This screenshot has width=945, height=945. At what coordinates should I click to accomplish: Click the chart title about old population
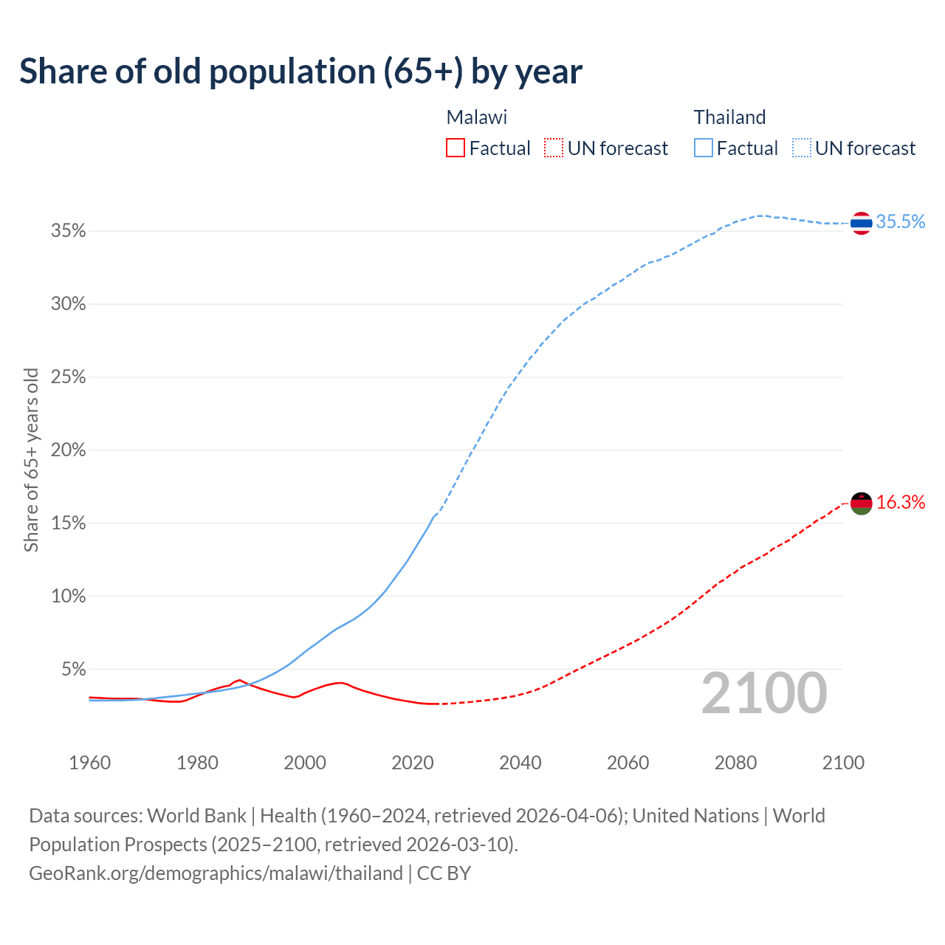[300, 72]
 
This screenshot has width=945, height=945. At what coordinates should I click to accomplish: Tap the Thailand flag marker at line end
[861, 222]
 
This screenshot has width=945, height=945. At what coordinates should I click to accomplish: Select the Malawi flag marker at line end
[861, 504]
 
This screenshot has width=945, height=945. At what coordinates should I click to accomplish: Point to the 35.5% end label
[900, 222]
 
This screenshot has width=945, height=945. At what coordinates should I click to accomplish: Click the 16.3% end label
[900, 503]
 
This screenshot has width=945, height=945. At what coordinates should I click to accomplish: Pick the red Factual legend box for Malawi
[456, 148]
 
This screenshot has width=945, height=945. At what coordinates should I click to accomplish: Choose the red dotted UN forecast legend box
[554, 148]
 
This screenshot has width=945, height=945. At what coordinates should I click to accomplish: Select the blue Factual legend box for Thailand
[704, 148]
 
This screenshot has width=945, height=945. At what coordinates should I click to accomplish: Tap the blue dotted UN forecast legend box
[801, 148]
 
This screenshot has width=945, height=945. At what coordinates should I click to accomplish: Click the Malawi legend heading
[477, 117]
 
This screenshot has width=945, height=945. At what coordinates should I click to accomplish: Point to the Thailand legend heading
[729, 117]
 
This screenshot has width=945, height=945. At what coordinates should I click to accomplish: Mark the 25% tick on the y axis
[68, 377]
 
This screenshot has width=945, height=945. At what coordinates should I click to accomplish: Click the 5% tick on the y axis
[72, 670]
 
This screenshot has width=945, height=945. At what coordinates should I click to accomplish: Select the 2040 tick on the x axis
[520, 763]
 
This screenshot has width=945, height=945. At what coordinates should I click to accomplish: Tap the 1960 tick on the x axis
[89, 763]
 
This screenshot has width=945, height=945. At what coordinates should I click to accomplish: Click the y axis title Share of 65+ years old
[31, 459]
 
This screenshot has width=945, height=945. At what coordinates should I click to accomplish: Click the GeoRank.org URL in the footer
[216, 873]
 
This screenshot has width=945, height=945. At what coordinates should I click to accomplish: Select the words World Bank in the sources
[196, 816]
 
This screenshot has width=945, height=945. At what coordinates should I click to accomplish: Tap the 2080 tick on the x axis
[735, 763]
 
